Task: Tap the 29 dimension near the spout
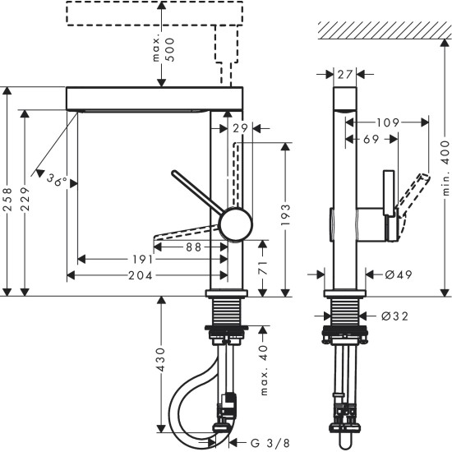coord(240,128)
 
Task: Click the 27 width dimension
coord(345,74)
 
